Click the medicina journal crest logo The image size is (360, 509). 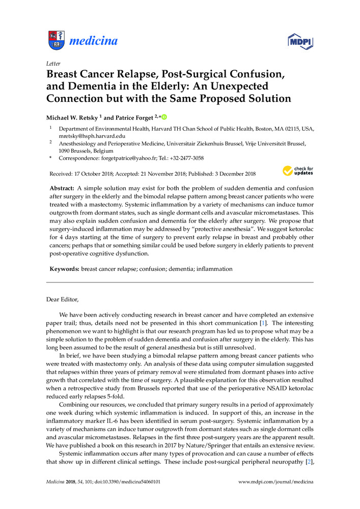click(x=57, y=40)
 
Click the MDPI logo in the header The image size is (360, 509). click(x=301, y=40)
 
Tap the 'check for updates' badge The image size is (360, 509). click(x=298, y=170)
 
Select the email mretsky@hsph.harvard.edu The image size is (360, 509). click(x=86, y=136)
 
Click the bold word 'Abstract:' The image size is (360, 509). click(x=63, y=188)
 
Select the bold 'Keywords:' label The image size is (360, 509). click(x=64, y=269)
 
